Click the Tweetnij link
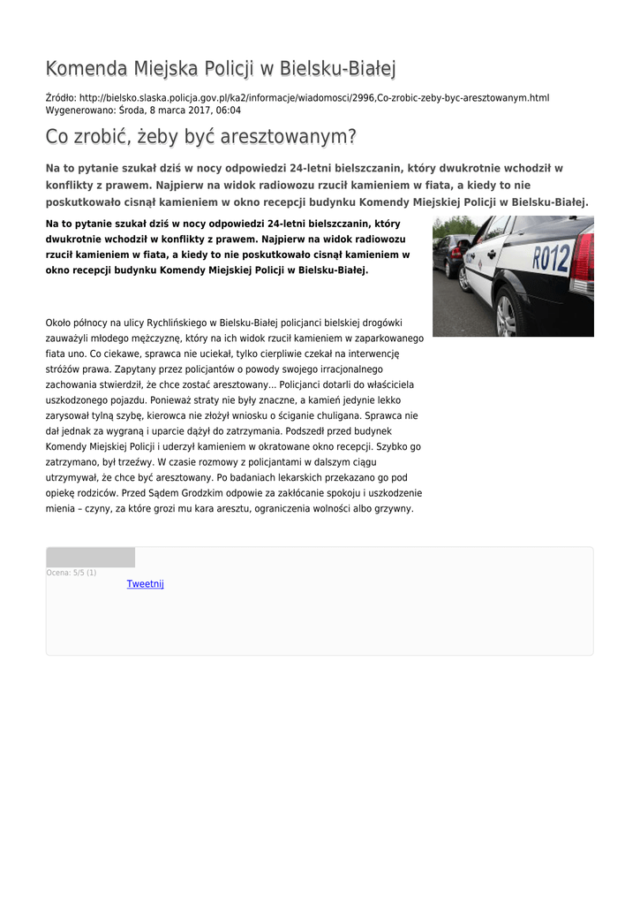(x=145, y=584)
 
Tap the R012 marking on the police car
(x=550, y=259)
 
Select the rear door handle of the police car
(x=492, y=254)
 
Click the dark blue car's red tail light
(x=456, y=252)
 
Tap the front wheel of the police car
(x=463, y=279)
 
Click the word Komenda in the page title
(x=86, y=68)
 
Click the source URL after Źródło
(x=313, y=97)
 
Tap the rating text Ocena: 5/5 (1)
(x=72, y=573)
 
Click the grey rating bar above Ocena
(x=90, y=558)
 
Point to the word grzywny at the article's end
(x=393, y=508)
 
